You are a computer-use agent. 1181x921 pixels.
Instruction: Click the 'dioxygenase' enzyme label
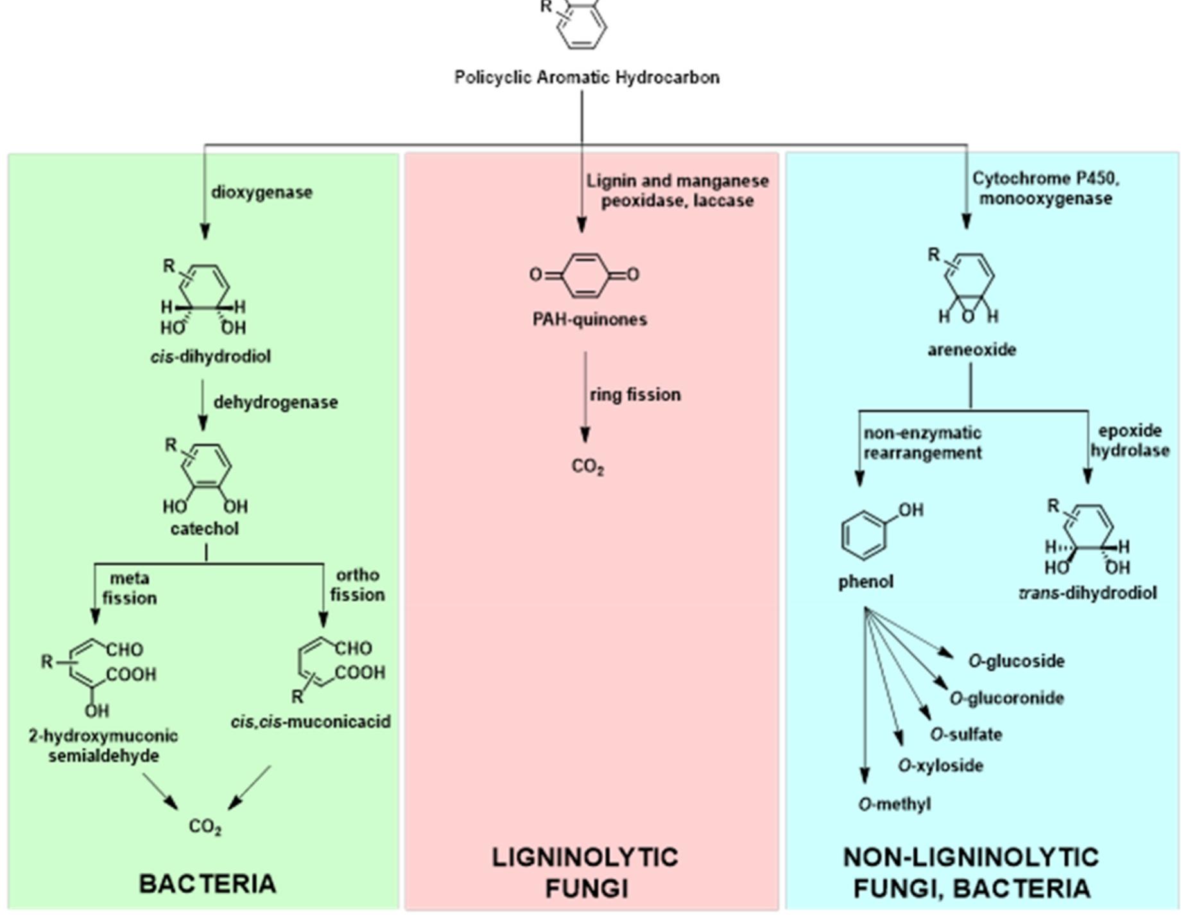coord(262,192)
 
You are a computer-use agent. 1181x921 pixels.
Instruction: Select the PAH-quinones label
coord(589,319)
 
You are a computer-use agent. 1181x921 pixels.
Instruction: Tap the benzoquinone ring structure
coord(584,275)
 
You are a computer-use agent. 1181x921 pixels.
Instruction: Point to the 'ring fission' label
coord(635,394)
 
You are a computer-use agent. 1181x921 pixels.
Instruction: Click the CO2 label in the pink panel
coord(587,466)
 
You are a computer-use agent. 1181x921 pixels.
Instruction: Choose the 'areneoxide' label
coord(971,350)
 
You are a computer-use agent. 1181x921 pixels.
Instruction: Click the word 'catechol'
coord(204,529)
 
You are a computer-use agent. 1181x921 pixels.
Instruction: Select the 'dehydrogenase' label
coord(275,402)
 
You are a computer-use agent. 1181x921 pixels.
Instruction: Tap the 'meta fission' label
coord(130,588)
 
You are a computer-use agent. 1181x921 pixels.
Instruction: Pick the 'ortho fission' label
coord(358,584)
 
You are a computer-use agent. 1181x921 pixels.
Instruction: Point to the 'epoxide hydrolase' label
coord(1130,441)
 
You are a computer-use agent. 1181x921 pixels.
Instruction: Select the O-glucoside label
coord(1016,661)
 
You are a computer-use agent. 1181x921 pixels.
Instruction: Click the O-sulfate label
coord(965,734)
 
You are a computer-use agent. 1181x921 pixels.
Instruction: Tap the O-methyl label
coord(894,804)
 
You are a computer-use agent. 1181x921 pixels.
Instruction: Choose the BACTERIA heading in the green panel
coord(207,884)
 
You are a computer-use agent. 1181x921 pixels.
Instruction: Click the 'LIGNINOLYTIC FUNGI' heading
coord(585,873)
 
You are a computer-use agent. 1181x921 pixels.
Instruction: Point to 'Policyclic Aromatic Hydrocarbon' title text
coord(587,78)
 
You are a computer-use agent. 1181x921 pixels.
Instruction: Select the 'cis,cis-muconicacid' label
coord(311,722)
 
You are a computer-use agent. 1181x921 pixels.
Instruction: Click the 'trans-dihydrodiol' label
coord(1088,593)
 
